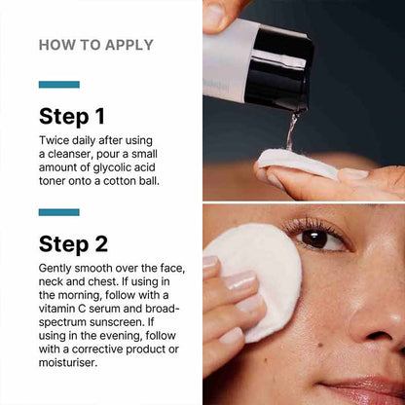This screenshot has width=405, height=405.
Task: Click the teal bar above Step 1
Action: click(58, 85)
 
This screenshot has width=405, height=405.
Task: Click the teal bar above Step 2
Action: click(58, 211)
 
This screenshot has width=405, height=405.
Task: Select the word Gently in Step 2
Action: click(57, 268)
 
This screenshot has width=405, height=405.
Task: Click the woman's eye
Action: click(313, 237)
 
